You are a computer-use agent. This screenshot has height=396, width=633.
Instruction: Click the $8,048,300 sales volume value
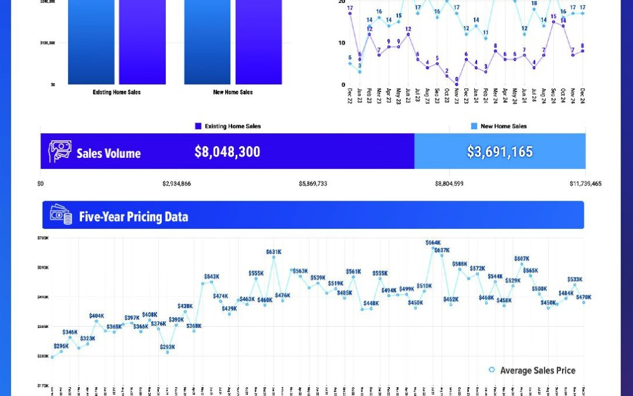tap(227, 152)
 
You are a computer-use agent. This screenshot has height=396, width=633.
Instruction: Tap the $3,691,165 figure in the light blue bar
tap(500, 152)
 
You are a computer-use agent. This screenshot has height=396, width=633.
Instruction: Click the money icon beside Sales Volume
tap(60, 151)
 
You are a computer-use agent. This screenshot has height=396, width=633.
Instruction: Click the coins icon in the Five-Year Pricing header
tap(60, 215)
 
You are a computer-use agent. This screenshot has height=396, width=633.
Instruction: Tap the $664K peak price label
tap(433, 242)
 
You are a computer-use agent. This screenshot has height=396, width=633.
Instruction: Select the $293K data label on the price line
tap(167, 347)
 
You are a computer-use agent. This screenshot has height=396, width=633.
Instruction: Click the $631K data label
tap(274, 252)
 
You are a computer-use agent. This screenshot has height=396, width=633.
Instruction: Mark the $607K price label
tap(522, 259)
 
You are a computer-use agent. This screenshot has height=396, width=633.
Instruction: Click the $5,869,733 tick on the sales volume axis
tap(313, 184)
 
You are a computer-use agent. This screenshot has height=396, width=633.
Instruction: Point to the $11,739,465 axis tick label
tap(586, 184)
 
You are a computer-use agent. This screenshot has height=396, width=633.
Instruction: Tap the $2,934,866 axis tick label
tap(176, 184)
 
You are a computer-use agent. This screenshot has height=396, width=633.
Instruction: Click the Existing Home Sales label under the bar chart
tap(117, 92)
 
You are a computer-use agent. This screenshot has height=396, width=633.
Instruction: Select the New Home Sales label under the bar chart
tap(233, 92)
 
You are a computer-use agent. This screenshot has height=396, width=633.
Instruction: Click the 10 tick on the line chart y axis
tap(342, 43)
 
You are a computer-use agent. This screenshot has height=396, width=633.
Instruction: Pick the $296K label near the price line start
tap(61, 346)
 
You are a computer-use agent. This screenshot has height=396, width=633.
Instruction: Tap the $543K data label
tap(212, 276)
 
